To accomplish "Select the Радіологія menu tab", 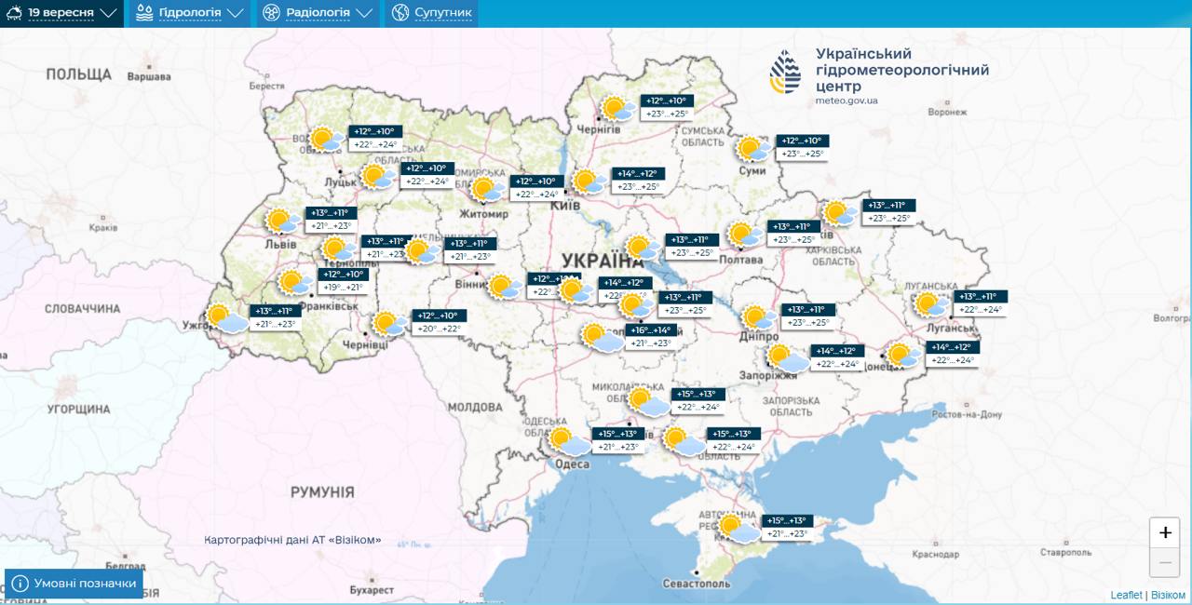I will (x=318, y=13).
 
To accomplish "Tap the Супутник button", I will (x=431, y=13).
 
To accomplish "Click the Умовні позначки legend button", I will (x=74, y=584).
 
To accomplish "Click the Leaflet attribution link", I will (x=1126, y=595).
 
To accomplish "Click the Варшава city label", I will (x=150, y=76).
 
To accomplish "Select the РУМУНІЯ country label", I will (x=322, y=491).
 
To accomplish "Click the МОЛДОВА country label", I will (x=475, y=407).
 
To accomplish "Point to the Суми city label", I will (x=752, y=170).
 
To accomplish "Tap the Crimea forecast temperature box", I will (x=784, y=527).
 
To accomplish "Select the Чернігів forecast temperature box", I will (x=667, y=107).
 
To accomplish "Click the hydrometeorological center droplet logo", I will (x=785, y=72).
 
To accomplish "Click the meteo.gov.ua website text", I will (x=847, y=101).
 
